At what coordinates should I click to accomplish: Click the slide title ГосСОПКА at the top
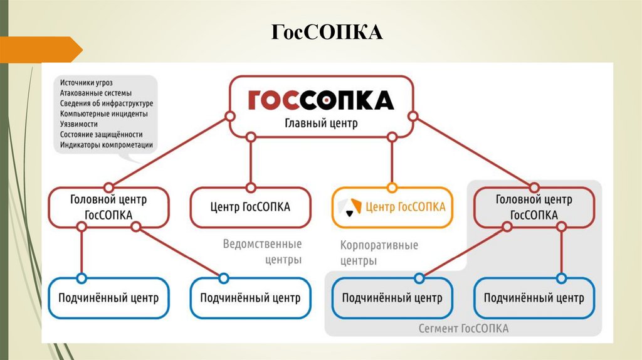tap(327, 32)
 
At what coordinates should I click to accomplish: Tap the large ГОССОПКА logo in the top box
tap(320, 100)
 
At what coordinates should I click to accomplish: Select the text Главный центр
tap(321, 123)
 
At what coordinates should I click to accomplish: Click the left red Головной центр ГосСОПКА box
tap(108, 207)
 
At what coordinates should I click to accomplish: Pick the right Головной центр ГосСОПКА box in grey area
tap(534, 207)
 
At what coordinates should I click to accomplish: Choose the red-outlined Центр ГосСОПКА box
tap(250, 207)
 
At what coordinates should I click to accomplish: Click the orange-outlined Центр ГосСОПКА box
tap(392, 207)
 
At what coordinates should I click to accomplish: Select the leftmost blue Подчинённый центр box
tap(108, 298)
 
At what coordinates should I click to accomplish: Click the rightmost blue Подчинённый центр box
tap(534, 298)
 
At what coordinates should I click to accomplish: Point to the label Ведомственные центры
tap(262, 251)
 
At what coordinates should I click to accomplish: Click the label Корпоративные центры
tap(379, 253)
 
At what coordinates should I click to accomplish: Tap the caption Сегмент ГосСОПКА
tap(463, 329)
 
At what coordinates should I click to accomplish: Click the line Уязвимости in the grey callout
tap(79, 124)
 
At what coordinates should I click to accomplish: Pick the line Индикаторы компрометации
tap(107, 145)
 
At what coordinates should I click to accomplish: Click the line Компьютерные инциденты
tap(104, 114)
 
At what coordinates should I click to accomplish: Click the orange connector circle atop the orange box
tap(392, 187)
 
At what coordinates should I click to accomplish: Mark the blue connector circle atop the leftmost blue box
tap(80, 278)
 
